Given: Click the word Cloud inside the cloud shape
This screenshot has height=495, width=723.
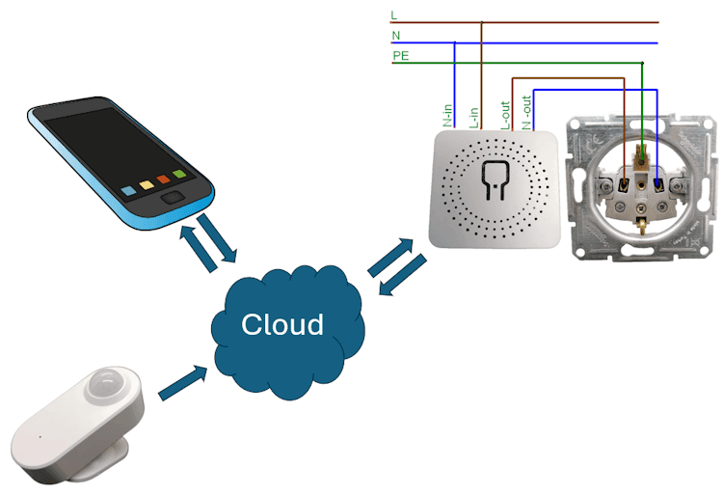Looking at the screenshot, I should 281,324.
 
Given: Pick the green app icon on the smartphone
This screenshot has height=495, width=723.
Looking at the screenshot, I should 179,174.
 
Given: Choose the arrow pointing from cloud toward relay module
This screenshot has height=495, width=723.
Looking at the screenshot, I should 386,256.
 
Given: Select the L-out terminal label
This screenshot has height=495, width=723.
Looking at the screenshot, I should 504,114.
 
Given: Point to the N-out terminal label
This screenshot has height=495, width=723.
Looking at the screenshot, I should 527,112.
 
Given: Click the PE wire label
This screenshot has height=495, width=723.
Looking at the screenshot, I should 400,57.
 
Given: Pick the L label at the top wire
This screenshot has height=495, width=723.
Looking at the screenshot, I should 393,15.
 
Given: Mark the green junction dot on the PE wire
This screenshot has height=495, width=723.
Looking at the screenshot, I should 642,64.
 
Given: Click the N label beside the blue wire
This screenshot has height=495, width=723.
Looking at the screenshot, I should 395,36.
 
